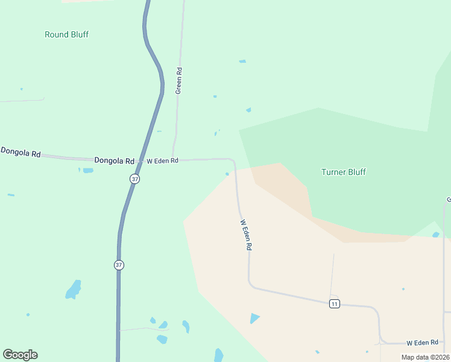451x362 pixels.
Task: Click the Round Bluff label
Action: coord(66,34)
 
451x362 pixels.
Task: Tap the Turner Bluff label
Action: coord(343,172)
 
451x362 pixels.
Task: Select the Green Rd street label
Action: coord(178,80)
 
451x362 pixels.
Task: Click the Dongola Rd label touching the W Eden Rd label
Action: coord(114,161)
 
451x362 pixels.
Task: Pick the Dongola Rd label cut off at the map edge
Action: coord(20,152)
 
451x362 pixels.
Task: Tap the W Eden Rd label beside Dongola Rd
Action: coord(162,161)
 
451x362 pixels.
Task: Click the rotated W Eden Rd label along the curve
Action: coord(246,235)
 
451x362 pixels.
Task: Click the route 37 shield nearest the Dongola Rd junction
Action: coord(135,179)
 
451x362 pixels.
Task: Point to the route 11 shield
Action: coord(335,303)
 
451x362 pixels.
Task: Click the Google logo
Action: coord(20,355)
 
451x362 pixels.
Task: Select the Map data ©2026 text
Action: coord(425,357)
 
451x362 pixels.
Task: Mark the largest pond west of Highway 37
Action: coord(74,290)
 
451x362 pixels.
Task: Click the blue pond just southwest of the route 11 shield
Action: coord(254,318)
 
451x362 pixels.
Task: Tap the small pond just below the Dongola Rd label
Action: coord(88,171)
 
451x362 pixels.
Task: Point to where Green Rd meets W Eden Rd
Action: coord(174,160)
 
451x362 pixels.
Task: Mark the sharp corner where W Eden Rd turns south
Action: coord(233,161)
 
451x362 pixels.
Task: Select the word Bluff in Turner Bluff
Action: coord(355,172)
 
